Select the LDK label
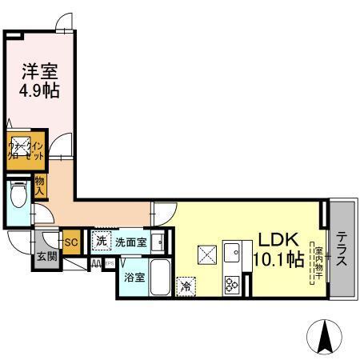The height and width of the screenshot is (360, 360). pos(277,240)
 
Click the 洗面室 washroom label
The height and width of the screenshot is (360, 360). pos(130,241)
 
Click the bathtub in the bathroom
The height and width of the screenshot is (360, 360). pos(160,278)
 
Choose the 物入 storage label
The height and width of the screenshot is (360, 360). pos(40,186)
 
